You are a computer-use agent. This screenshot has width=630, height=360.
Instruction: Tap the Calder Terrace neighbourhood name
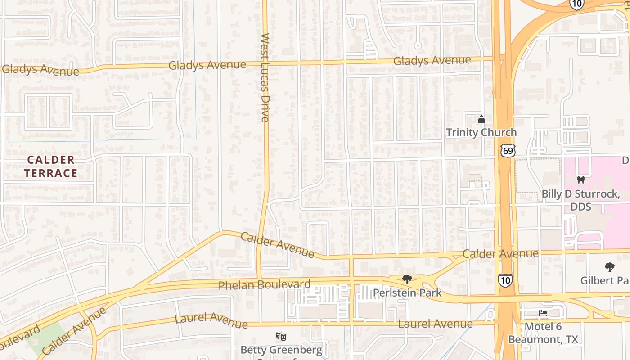tap(50, 166)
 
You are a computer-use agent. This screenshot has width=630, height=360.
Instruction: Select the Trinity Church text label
tap(481, 132)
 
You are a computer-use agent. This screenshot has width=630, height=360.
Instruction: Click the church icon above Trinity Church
tap(481, 120)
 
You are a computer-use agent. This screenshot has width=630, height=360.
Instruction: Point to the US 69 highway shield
tap(507, 150)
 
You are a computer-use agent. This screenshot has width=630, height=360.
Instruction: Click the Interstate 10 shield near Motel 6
tap(505, 280)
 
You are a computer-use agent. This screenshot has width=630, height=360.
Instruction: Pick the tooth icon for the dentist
tap(580, 180)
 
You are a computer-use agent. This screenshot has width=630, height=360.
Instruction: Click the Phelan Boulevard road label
tap(264, 285)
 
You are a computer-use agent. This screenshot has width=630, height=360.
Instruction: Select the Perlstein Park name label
tap(407, 293)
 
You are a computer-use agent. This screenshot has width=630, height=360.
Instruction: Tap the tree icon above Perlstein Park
tap(407, 279)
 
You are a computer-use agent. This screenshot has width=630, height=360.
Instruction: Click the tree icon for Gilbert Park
tap(610, 267)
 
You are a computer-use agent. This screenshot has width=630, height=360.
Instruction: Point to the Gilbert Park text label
tap(604, 280)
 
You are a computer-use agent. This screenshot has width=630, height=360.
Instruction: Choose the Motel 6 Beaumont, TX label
tap(543, 333)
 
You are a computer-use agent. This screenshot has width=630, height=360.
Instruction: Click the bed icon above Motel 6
tap(543, 313)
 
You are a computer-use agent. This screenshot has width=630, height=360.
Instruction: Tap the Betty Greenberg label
tap(281, 350)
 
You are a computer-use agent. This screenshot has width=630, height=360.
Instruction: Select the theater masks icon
tap(281, 336)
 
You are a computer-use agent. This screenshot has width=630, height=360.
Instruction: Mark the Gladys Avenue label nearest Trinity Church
tap(432, 60)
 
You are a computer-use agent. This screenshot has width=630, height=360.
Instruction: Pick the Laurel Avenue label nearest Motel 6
tap(435, 324)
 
